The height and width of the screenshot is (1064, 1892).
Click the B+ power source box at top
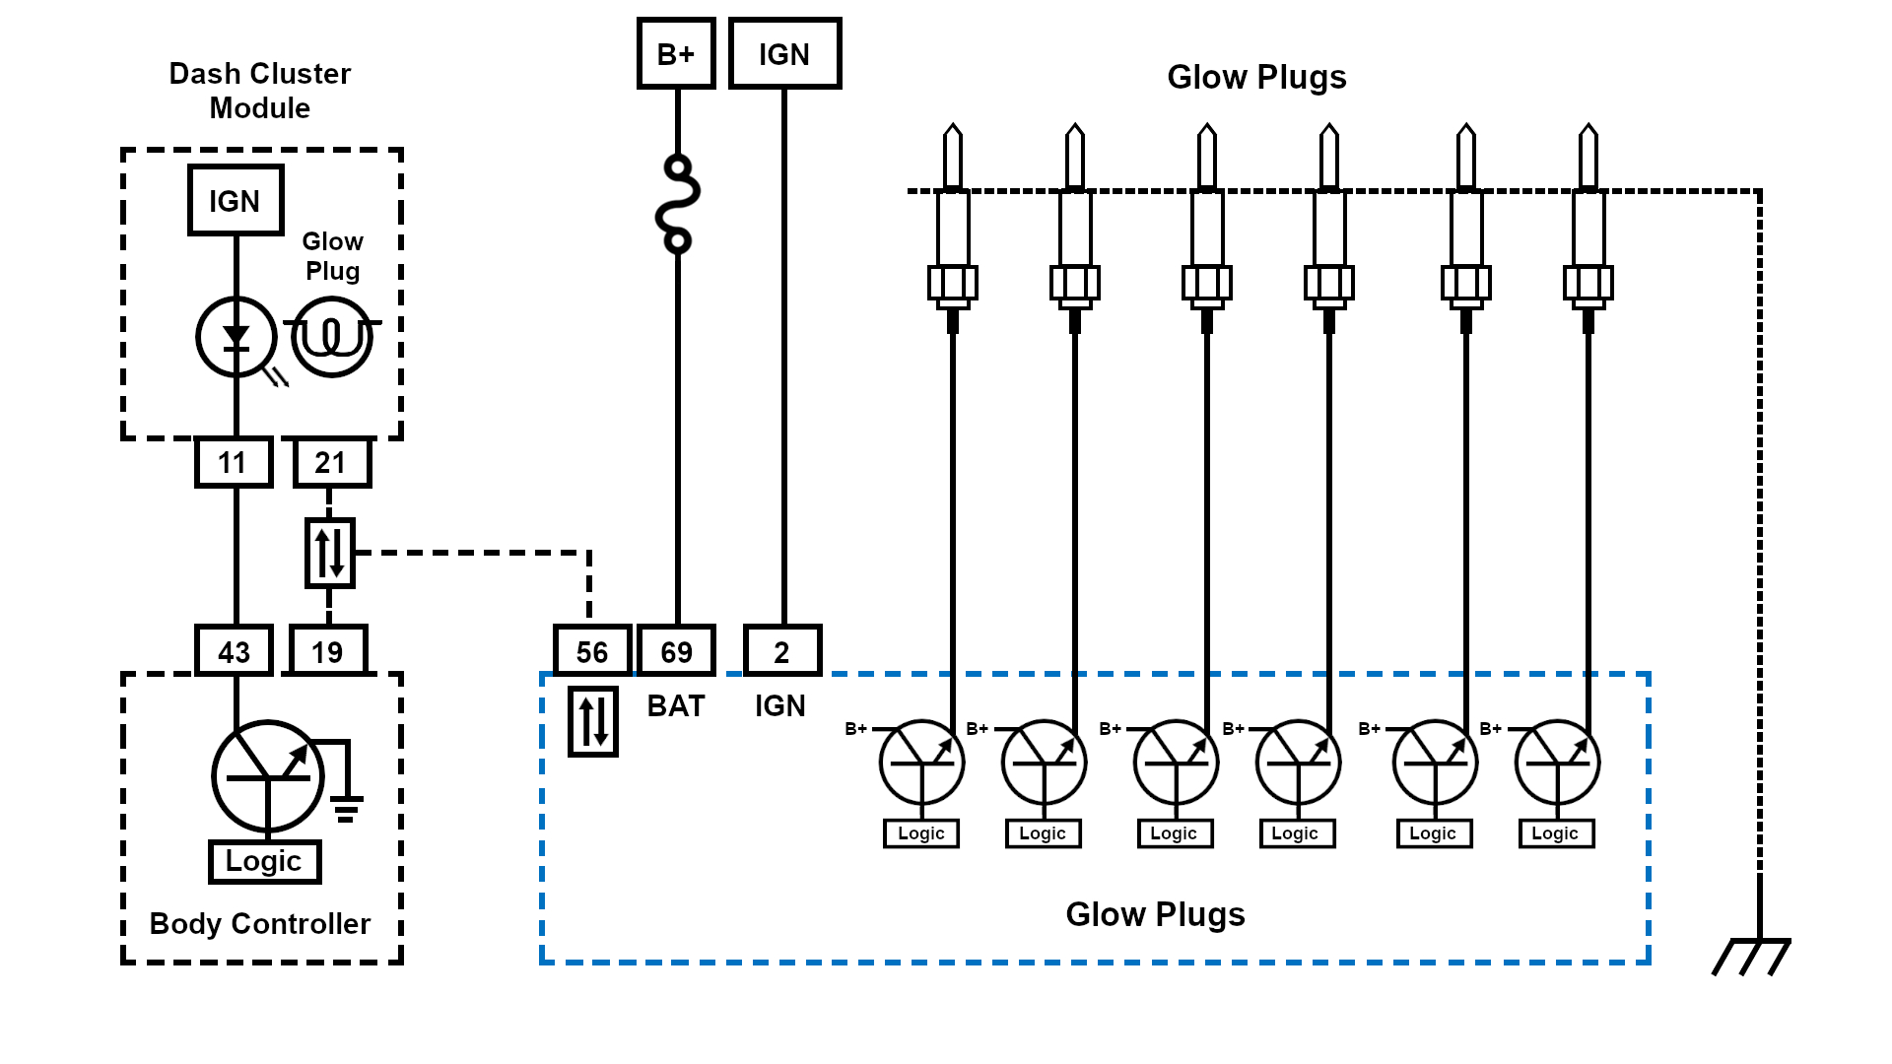point(676,54)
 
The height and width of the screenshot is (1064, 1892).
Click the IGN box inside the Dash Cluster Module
point(236,201)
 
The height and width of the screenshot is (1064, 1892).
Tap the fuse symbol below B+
point(678,204)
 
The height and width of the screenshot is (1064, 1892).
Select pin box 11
point(234,462)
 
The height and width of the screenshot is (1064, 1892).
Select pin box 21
point(331,462)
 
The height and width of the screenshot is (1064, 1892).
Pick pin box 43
point(234,651)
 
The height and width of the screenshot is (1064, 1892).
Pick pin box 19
point(328,651)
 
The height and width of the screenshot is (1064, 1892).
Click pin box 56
point(592,651)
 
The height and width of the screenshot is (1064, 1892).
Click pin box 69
point(676,651)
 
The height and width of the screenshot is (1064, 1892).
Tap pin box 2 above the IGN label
point(782,651)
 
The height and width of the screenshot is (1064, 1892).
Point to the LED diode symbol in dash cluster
point(236,337)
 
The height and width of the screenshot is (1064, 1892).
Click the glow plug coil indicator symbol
point(332,337)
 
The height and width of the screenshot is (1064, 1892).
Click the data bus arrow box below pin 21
point(330,553)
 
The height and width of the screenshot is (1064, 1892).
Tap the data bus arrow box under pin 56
point(593,721)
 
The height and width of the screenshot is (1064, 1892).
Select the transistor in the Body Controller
point(268,775)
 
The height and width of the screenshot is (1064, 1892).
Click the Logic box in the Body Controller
point(264,862)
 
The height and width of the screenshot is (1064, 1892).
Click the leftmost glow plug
point(953,227)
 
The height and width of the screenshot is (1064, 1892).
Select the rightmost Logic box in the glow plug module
point(1556,833)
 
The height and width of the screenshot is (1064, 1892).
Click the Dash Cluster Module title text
point(260,91)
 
